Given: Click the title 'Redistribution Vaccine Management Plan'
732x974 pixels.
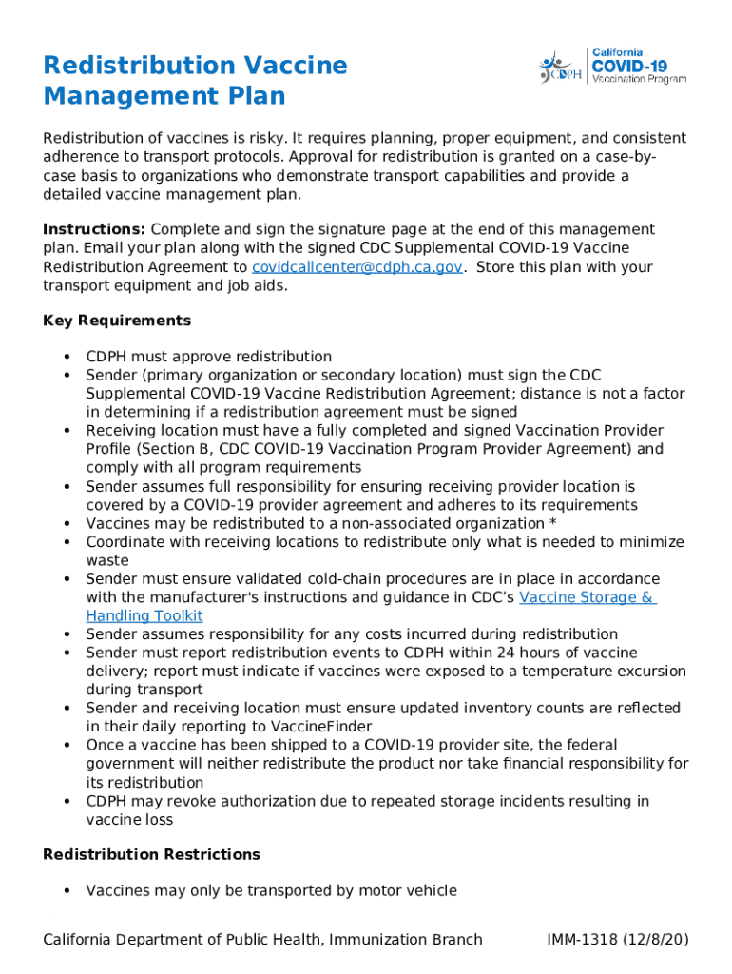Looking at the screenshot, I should pyautogui.click(x=195, y=81).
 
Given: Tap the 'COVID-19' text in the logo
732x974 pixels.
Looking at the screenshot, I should pyautogui.click(x=629, y=67).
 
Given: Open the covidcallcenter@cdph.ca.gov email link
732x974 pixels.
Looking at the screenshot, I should pyautogui.click(x=356, y=267).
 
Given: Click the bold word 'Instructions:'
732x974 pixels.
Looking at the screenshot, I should pyautogui.click(x=94, y=229).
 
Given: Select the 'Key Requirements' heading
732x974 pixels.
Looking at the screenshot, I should pyautogui.click(x=117, y=321).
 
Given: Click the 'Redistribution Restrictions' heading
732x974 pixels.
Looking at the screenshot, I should pyautogui.click(x=151, y=854).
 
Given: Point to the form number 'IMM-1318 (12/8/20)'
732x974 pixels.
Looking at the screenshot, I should pyautogui.click(x=617, y=940).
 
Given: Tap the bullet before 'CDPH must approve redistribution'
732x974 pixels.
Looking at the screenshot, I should pyautogui.click(x=67, y=357).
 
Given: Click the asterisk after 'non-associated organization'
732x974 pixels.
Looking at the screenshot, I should pyautogui.click(x=553, y=523).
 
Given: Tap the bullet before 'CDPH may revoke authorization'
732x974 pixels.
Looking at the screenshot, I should pyautogui.click(x=67, y=801).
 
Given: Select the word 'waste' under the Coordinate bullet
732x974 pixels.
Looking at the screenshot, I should pyautogui.click(x=107, y=560).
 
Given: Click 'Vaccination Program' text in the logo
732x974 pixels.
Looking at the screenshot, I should pyautogui.click(x=629, y=80).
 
